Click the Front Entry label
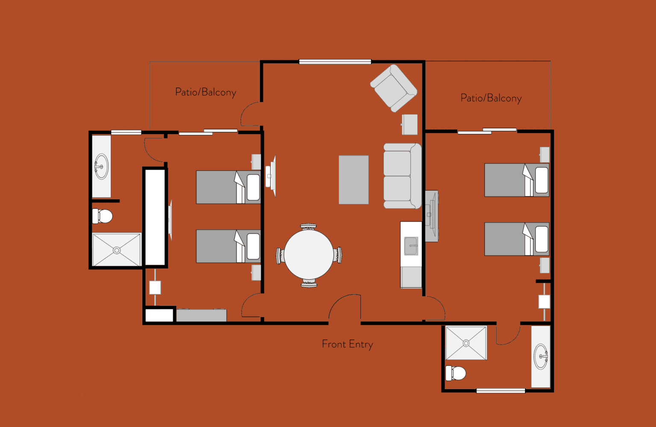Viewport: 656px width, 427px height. (347, 345)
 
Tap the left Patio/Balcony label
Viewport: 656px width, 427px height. (205, 92)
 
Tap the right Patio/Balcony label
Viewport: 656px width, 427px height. (491, 98)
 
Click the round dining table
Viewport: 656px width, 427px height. (309, 254)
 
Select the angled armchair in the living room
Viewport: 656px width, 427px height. (394, 88)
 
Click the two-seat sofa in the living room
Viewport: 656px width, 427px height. (403, 176)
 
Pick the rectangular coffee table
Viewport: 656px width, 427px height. (354, 180)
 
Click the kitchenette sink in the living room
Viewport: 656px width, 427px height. (411, 246)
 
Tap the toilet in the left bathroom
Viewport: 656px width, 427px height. (102, 216)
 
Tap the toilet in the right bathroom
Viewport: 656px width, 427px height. (456, 373)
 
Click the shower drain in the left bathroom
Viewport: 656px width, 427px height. (117, 250)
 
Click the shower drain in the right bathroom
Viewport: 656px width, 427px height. (466, 343)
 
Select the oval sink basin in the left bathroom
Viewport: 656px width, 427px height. (101, 166)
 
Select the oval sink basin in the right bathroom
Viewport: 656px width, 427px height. (541, 356)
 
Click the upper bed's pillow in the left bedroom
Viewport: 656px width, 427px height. (253, 187)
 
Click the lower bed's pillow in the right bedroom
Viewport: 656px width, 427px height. (542, 239)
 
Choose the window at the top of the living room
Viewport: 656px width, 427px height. (335, 62)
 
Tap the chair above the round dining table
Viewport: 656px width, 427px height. (308, 227)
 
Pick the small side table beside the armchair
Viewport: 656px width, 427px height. (410, 124)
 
